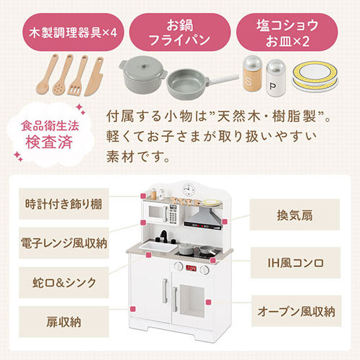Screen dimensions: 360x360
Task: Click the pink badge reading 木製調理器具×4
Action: click(73, 32)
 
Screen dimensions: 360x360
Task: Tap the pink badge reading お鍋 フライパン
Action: click(180, 32)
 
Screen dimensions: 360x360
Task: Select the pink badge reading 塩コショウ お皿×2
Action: click(287, 32)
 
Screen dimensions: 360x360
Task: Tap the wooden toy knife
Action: click(94, 77)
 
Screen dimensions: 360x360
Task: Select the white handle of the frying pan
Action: click(224, 78)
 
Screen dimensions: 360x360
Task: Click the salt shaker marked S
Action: click(252, 73)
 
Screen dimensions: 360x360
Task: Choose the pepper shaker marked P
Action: click(276, 78)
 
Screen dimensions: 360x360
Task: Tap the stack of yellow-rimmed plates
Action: click(315, 76)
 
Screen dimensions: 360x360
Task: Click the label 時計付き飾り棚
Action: click(64, 204)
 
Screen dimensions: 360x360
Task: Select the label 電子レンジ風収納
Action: click(64, 243)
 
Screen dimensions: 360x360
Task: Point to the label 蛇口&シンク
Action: click(64, 282)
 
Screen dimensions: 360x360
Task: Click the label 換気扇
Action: click(294, 215)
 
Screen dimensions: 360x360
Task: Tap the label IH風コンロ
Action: click(296, 263)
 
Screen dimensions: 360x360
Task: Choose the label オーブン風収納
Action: click(297, 311)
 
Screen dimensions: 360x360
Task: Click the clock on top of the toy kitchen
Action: click(189, 189)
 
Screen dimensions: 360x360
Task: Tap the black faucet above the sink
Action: click(164, 236)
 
